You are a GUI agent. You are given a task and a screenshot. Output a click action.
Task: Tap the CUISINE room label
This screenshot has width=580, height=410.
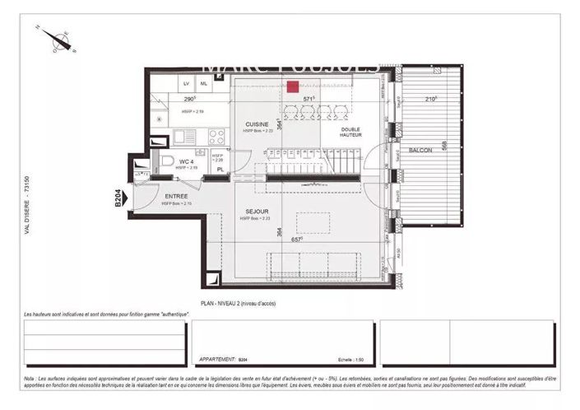256,124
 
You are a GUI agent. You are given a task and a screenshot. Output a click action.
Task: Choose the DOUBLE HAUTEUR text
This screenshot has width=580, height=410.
352,134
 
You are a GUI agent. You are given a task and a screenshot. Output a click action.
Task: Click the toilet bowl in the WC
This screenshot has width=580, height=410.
166,161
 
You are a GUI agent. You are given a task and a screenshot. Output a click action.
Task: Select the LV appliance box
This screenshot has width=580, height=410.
186,84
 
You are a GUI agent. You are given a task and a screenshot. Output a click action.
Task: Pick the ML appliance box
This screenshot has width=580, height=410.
205,84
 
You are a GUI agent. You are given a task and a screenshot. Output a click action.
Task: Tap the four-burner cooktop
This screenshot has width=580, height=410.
216,137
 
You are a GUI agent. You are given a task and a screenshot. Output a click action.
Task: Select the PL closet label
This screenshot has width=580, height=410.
220,170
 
